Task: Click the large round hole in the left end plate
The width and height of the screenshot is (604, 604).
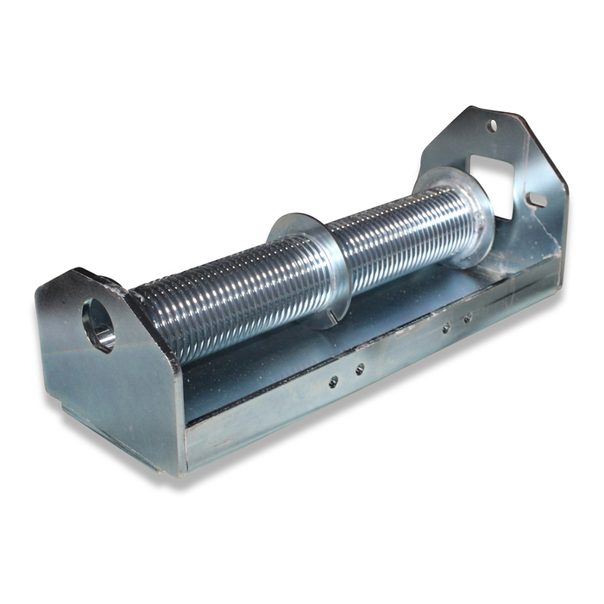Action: tap(98, 324)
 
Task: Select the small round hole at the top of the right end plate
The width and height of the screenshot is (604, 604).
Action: tap(492, 126)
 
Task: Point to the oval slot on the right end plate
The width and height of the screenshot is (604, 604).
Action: tap(537, 200)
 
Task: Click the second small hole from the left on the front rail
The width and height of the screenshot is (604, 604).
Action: tap(359, 368)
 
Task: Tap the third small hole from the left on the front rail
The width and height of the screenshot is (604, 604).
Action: tap(446, 328)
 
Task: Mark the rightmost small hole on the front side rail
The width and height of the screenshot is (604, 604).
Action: tap(467, 318)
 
